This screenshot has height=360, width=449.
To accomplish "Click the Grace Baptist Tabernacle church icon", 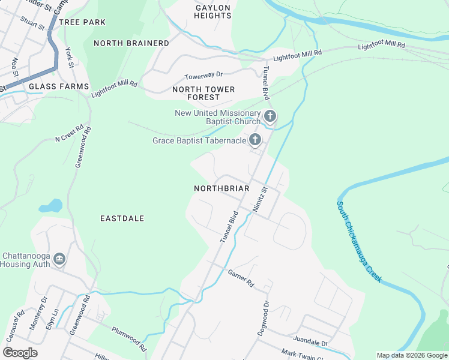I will click(255, 140).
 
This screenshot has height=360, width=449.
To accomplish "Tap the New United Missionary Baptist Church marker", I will click(270, 116).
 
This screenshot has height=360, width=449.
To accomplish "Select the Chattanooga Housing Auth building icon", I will click(59, 259).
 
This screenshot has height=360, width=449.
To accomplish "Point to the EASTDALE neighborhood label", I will click(122, 218).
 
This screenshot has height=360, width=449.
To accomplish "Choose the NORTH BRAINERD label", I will click(131, 43).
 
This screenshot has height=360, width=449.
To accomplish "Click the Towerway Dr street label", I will click(203, 76).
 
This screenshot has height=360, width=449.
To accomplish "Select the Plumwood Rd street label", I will click(129, 339).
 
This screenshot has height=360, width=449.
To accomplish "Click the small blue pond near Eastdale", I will click(51, 206).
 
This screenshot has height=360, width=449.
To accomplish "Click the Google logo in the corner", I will click(20, 352).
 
